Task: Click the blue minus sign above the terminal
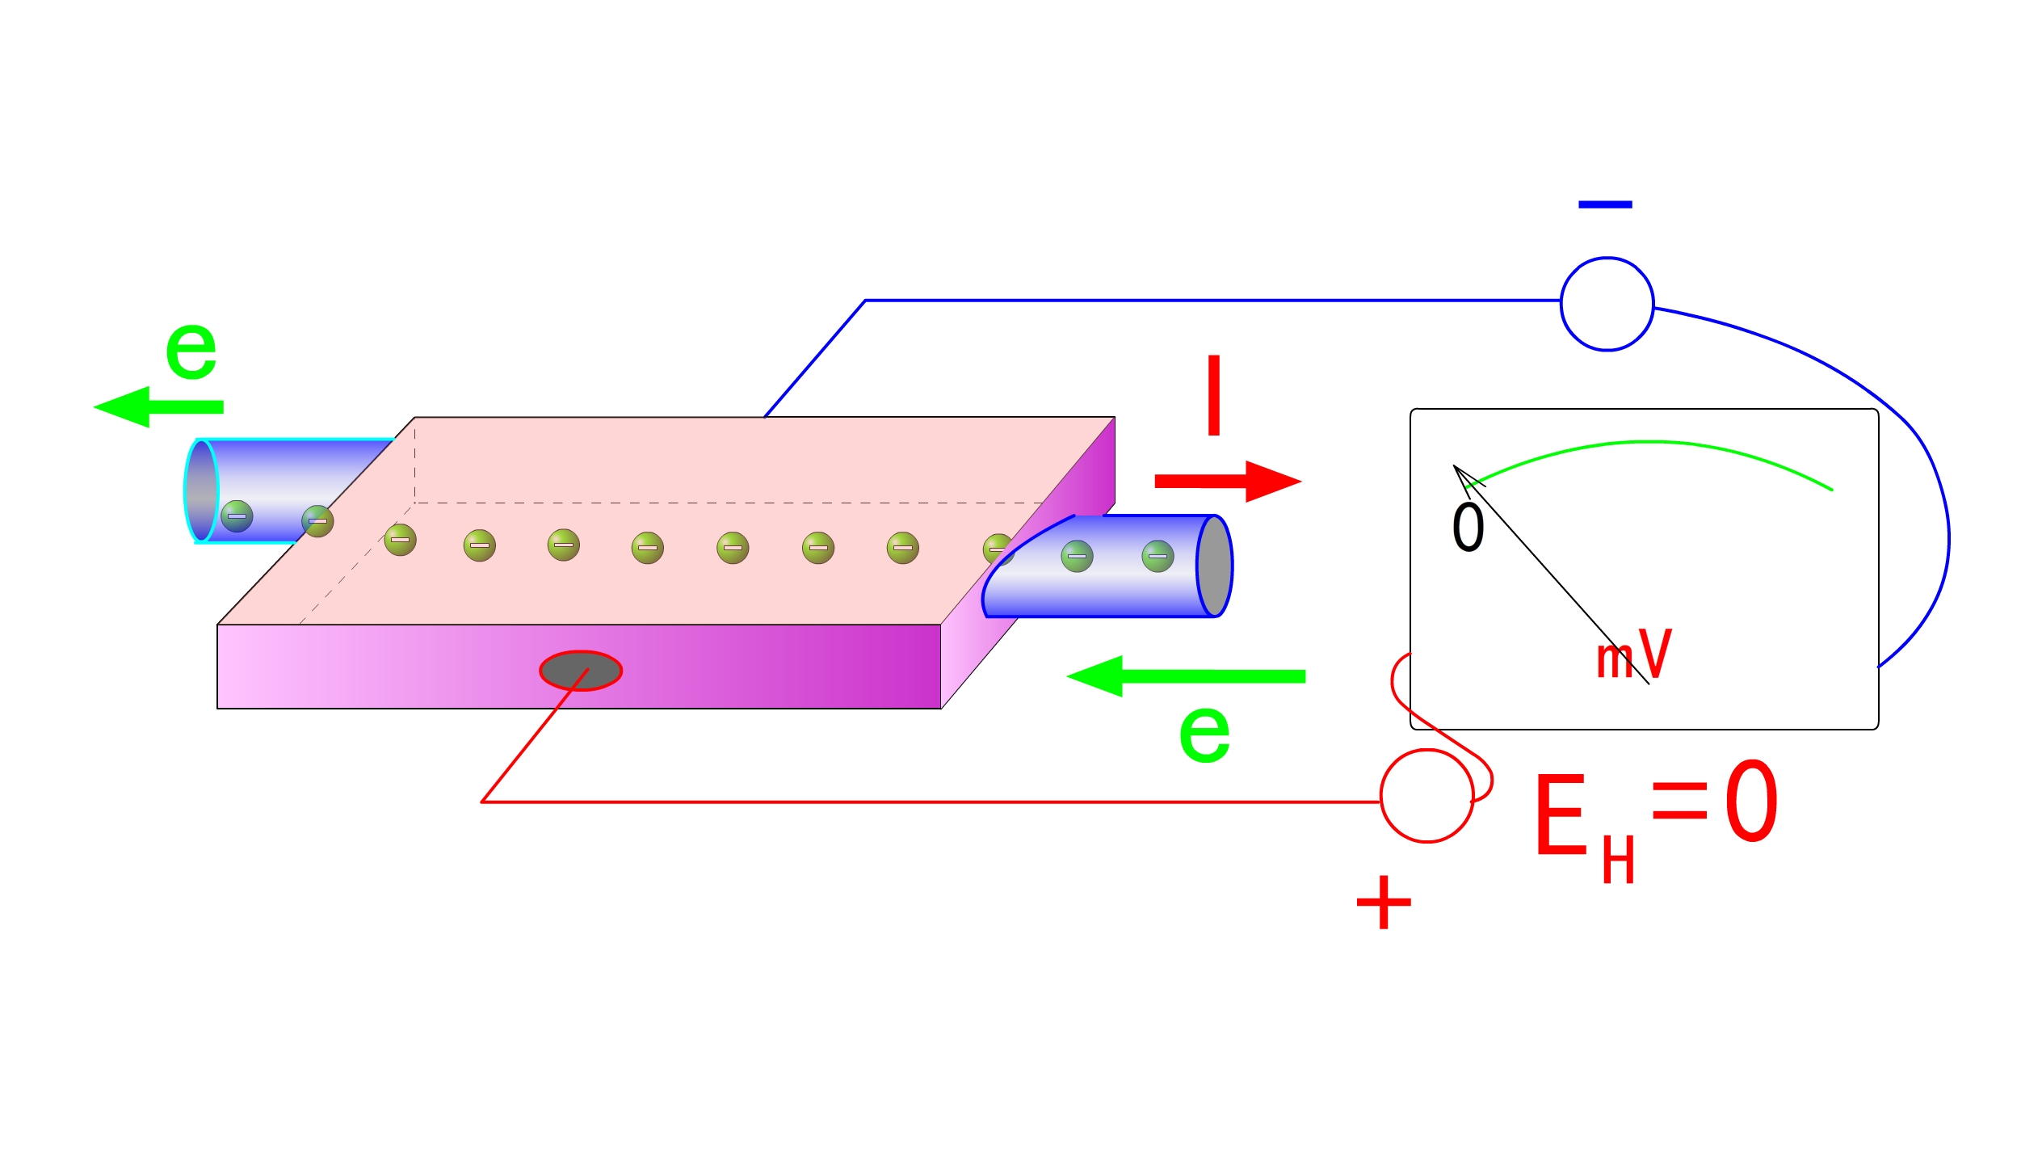pos(1605,204)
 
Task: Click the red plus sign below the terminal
pos(1384,903)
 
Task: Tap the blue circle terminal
pos(1607,304)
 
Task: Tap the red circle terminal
pos(1426,797)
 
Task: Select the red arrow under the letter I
pos(1227,482)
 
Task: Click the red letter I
pos(1213,395)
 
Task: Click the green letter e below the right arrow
pos(1204,734)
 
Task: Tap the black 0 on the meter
pos(1468,528)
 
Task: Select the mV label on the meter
pos(1633,654)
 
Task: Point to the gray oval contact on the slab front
pos(581,671)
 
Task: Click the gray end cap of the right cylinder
pos(1214,566)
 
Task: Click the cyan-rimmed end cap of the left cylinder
pos(201,491)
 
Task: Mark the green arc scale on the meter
pos(1652,444)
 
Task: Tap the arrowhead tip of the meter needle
pos(1455,467)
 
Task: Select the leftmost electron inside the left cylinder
pos(237,516)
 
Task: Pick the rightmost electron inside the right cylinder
pos(1158,556)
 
